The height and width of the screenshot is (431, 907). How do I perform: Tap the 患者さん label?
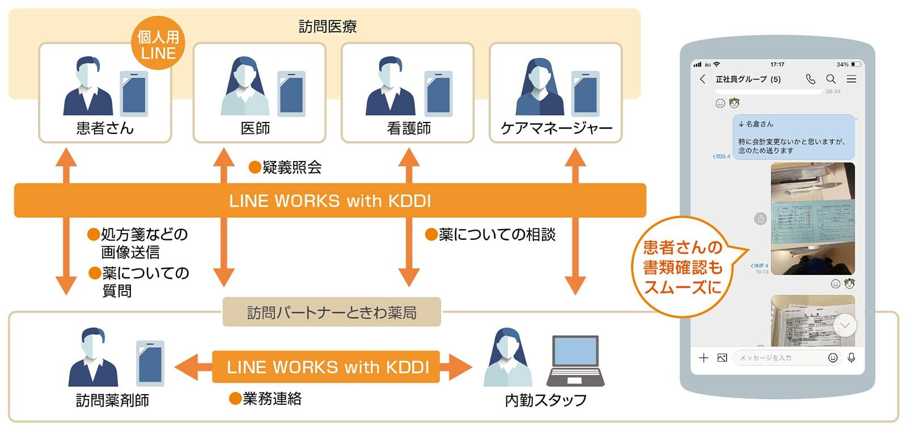point(105,128)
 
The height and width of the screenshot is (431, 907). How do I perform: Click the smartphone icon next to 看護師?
point(439,94)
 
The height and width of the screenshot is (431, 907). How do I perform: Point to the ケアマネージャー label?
point(556,128)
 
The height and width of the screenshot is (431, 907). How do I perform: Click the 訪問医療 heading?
point(328,26)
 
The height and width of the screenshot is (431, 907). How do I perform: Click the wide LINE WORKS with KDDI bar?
point(330,201)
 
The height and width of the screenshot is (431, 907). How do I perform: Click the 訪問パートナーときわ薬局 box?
point(332,312)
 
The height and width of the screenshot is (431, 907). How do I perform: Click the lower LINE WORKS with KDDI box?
point(327,367)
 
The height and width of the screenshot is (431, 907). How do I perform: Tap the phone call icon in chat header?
point(811,79)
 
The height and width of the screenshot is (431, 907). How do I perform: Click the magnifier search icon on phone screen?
point(831,79)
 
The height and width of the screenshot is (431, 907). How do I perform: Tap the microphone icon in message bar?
point(851,357)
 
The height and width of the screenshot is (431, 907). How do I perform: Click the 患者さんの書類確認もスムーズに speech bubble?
point(683,267)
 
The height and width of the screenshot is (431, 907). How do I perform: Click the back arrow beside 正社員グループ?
point(703,79)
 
